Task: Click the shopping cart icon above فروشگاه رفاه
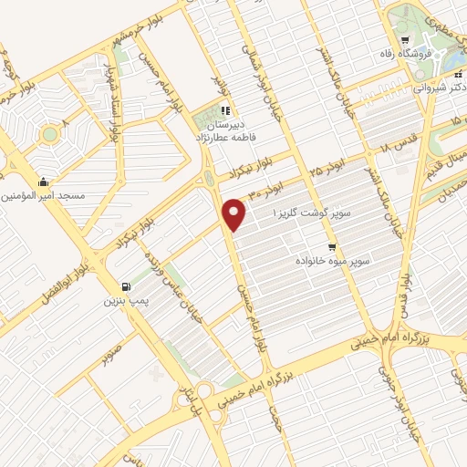(x=404, y=39)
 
